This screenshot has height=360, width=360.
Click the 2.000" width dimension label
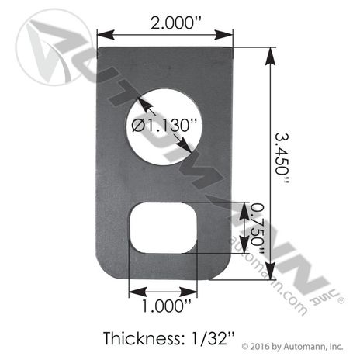click(x=175, y=23)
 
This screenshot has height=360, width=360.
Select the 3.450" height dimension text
click(x=281, y=158)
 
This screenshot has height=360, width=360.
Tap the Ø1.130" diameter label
click(x=164, y=126)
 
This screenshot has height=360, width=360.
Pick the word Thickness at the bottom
click(x=141, y=338)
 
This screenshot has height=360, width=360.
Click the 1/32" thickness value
click(x=209, y=338)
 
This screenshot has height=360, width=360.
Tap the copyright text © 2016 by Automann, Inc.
click(x=292, y=346)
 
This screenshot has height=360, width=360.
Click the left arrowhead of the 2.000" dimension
click(x=106, y=35)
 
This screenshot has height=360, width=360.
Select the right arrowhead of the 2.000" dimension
click(x=224, y=35)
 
